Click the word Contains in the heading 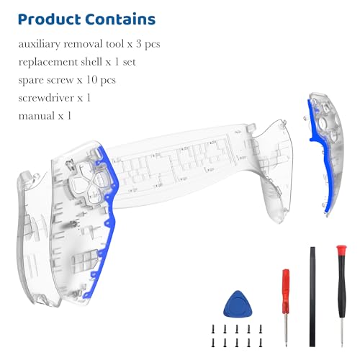(120, 19)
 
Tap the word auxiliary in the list (39, 44)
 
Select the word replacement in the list (48, 63)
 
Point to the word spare (31, 81)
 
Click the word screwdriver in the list (46, 98)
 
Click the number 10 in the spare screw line (91, 80)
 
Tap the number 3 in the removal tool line (139, 44)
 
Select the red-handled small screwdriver (286, 307)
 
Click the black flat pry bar (312, 297)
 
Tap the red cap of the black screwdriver (341, 250)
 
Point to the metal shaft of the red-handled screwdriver (286, 330)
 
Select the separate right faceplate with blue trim (325, 153)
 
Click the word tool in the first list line (114, 44)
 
